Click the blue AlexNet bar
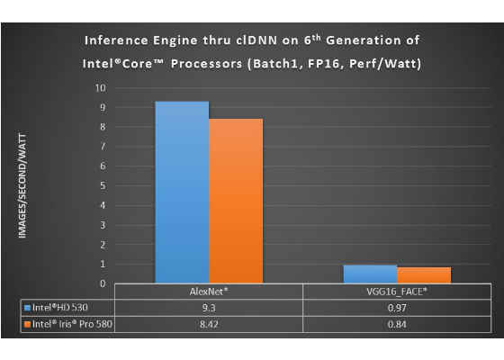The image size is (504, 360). [x=182, y=193]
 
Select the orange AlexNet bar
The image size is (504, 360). [x=236, y=201]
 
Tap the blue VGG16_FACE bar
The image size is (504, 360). [x=370, y=274]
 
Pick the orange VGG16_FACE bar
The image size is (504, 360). [x=424, y=275]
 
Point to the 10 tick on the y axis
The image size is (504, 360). [x=100, y=88]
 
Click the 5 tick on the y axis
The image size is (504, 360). [x=103, y=185]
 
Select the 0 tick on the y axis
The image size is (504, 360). [x=103, y=283]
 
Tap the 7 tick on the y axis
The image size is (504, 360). [x=103, y=146]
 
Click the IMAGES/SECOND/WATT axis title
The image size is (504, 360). [x=22, y=185]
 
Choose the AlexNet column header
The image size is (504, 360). [x=209, y=292]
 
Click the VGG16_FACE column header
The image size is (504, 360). [x=397, y=292]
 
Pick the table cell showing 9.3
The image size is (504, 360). [x=209, y=308]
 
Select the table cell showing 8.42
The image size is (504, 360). [x=209, y=324]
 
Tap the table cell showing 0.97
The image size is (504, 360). [x=397, y=308]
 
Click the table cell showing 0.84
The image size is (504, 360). [x=397, y=324]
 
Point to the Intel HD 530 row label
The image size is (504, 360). [x=59, y=308]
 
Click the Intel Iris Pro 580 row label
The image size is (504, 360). [x=72, y=324]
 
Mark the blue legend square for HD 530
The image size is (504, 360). [x=28, y=308]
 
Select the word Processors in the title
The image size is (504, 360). [x=206, y=64]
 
